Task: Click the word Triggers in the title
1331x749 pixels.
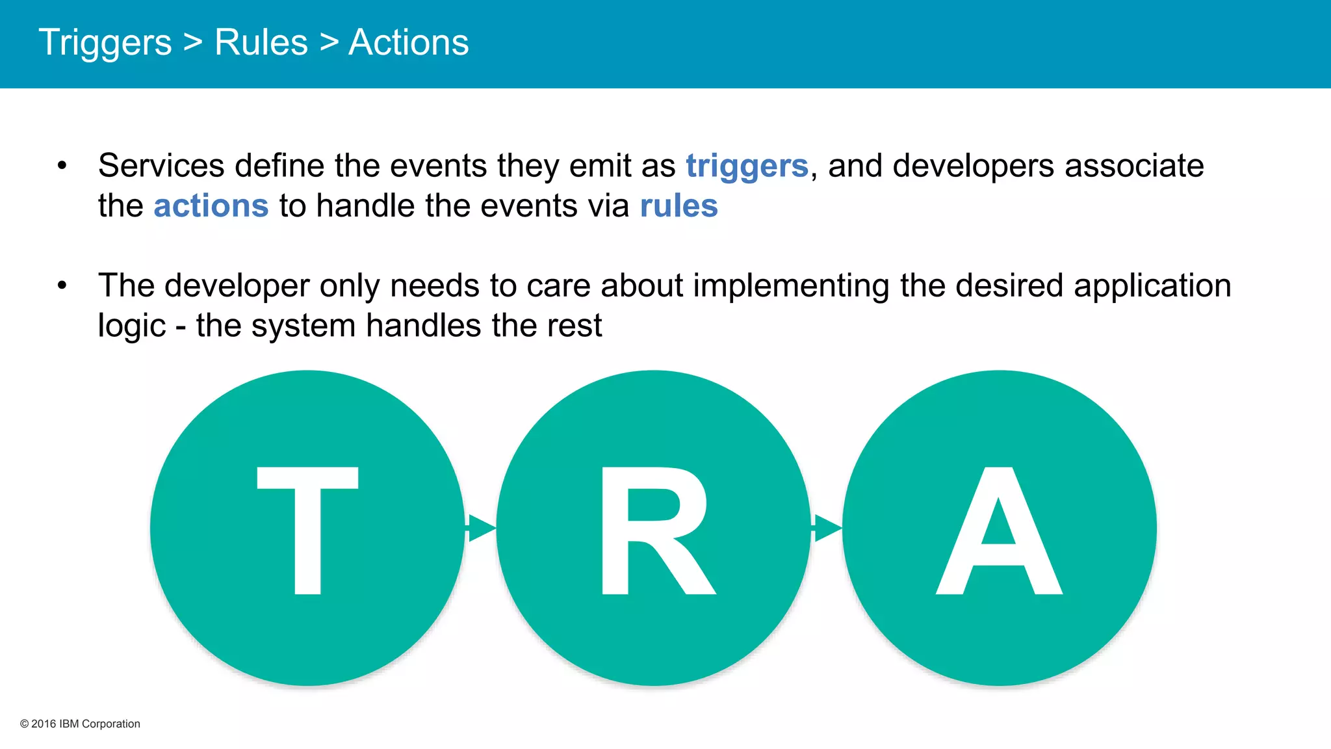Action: pos(105,43)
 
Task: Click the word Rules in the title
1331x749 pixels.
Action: pos(261,43)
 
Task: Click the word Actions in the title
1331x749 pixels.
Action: pos(408,43)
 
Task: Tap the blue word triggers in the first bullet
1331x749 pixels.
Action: pos(747,166)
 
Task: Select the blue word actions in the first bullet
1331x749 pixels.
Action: pos(211,206)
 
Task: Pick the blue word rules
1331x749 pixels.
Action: pos(678,206)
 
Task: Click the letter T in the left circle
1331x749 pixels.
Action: pos(307,530)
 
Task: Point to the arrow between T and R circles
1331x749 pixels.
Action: pos(480,527)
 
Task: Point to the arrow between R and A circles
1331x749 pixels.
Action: pos(826,527)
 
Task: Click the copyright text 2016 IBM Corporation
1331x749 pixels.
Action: pos(80,724)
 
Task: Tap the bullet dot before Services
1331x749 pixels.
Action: pos(62,166)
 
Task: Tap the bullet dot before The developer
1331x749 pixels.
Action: pos(62,285)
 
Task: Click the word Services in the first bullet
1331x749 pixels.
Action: pos(161,166)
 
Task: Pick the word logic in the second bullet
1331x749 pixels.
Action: pos(131,326)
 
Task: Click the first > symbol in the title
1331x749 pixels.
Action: pos(192,43)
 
